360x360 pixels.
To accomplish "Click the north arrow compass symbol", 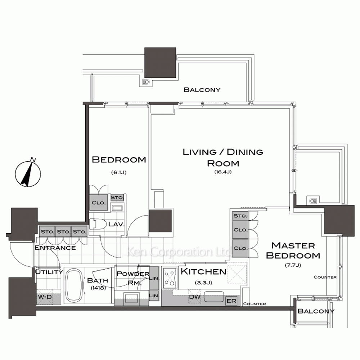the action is click(28, 174).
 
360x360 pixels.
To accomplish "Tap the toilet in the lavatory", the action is click(97, 224).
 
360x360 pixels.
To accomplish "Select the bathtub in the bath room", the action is click(73, 285).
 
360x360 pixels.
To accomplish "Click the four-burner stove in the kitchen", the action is click(170, 278).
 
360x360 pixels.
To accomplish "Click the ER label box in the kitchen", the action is click(231, 301).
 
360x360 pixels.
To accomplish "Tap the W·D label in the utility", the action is click(45, 297).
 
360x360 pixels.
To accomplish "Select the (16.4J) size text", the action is click(223, 172).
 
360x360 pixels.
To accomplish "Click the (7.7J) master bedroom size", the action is click(293, 265).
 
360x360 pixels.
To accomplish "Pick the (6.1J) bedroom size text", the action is click(119, 172).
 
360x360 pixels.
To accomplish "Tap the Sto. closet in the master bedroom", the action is click(240, 216).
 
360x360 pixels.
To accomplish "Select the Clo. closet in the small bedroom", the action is click(99, 202).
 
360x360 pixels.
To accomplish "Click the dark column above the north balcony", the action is click(160, 63).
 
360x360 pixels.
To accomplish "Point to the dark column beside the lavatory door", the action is click(160, 221).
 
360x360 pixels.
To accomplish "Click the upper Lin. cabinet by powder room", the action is click(154, 278).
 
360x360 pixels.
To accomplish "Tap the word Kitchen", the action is click(203, 271).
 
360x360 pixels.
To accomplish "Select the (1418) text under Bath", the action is click(98, 287).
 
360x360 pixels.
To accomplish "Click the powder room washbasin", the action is click(131, 298).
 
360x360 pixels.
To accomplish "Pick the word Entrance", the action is click(55, 248).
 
